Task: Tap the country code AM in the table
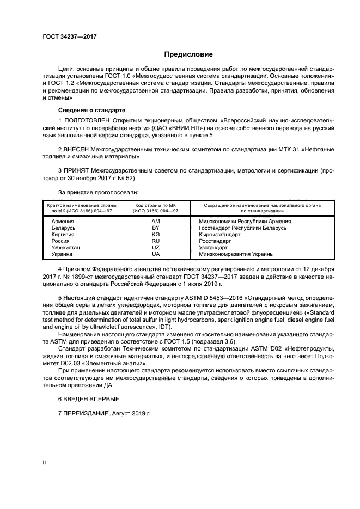[x=156, y=222]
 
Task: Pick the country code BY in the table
[x=156, y=228]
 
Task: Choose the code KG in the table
[x=156, y=235]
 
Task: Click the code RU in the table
[x=156, y=241]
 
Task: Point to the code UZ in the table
[x=156, y=247]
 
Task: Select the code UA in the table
[x=156, y=254]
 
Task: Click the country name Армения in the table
[x=63, y=222]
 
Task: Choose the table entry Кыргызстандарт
[x=216, y=235]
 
